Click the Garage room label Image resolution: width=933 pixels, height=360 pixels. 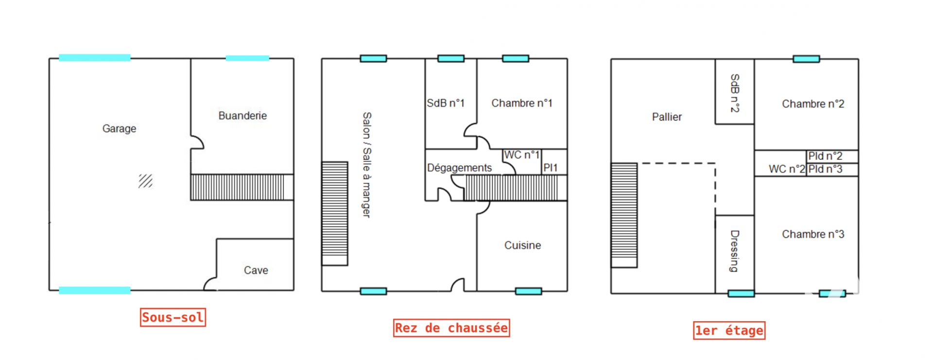(119, 129)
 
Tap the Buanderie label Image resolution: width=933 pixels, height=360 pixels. (242, 116)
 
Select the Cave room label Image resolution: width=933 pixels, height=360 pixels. (256, 270)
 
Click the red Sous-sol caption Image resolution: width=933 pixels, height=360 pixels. (173, 318)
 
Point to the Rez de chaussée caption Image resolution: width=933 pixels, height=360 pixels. (451, 328)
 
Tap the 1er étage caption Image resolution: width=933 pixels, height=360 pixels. (729, 331)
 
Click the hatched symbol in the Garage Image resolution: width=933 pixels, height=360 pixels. (145, 181)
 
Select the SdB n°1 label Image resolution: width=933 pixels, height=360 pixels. (446, 103)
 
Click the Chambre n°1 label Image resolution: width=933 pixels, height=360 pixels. (521, 103)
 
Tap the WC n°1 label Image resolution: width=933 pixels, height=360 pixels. (521, 155)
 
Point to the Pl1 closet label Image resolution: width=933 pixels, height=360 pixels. (551, 168)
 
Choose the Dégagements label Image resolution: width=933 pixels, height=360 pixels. (459, 168)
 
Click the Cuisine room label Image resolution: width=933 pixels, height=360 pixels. (522, 245)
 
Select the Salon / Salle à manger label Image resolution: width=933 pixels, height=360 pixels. (367, 165)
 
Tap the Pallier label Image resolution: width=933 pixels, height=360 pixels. (667, 117)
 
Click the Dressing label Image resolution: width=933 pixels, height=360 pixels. (734, 251)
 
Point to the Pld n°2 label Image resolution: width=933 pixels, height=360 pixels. (825, 156)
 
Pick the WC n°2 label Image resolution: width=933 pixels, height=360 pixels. (787, 169)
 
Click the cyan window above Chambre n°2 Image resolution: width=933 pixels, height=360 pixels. (806, 59)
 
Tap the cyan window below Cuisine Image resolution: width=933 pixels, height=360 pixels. (528, 291)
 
